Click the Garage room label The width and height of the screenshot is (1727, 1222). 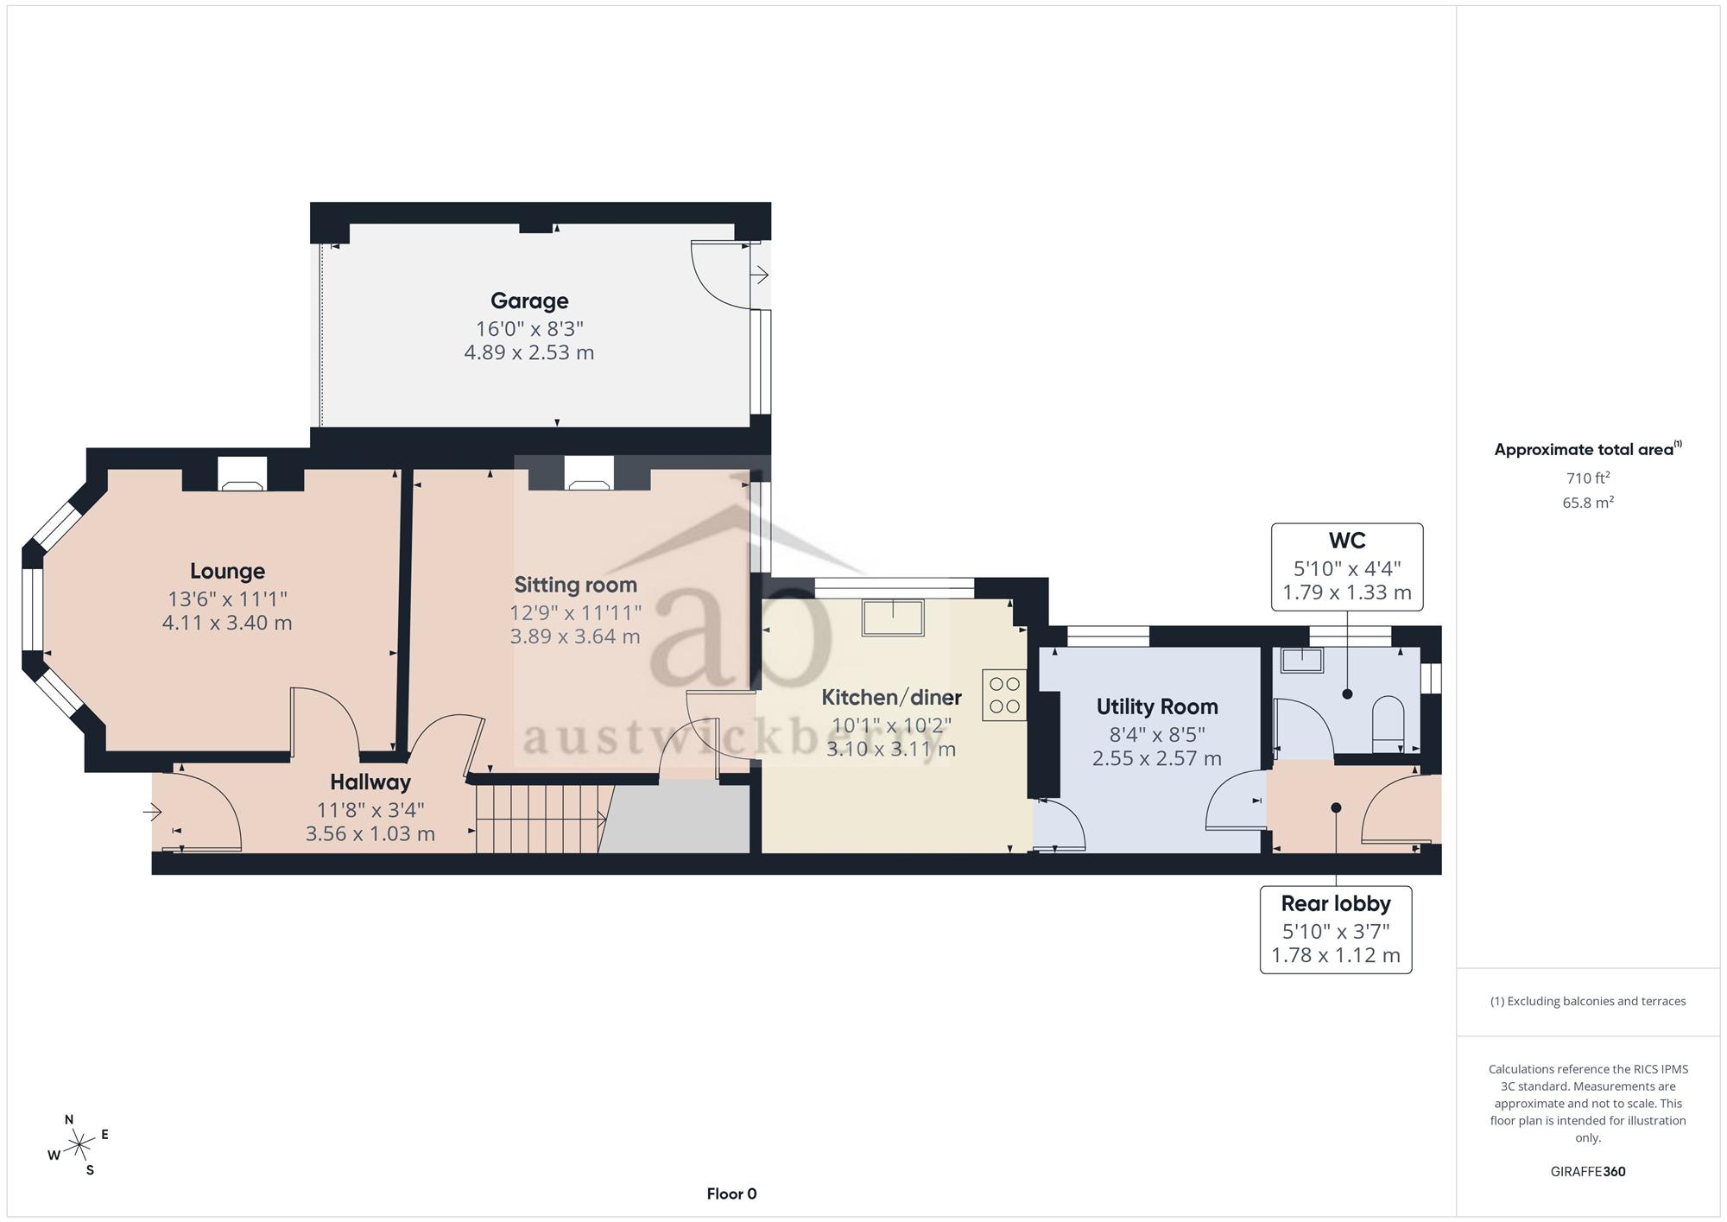pyautogui.click(x=529, y=301)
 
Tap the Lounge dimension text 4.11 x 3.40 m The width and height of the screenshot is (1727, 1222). pyautogui.click(x=227, y=623)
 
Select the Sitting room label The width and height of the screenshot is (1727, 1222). pyautogui.click(x=576, y=585)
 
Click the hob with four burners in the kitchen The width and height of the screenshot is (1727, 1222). pyautogui.click(x=1004, y=695)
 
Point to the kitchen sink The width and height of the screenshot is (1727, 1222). pyautogui.click(x=892, y=617)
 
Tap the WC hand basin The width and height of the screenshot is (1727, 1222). pyautogui.click(x=1301, y=660)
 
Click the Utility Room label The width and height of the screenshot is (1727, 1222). pyautogui.click(x=1157, y=706)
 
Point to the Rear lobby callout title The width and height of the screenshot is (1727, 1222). pyautogui.click(x=1336, y=903)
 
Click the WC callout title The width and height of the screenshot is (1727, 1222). pyautogui.click(x=1347, y=541)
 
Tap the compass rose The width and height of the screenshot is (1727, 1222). pyautogui.click(x=79, y=1146)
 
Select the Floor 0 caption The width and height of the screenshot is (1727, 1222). pyautogui.click(x=731, y=1194)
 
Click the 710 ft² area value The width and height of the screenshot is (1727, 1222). pyautogui.click(x=1588, y=478)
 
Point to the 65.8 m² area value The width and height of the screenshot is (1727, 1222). pyautogui.click(x=1588, y=502)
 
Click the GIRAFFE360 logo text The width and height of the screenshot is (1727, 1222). pyautogui.click(x=1588, y=1171)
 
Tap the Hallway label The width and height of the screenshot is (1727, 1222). pyautogui.click(x=370, y=782)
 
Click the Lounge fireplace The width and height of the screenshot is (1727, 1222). pyautogui.click(x=243, y=474)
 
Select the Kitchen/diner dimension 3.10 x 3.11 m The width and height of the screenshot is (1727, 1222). pyautogui.click(x=891, y=749)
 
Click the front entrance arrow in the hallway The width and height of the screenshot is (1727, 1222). pyautogui.click(x=153, y=812)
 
